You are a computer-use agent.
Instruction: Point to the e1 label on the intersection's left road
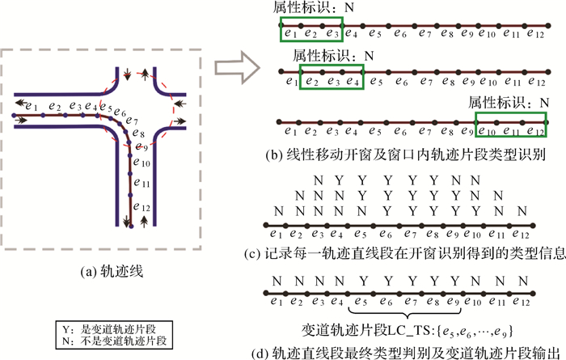coord(31,105)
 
